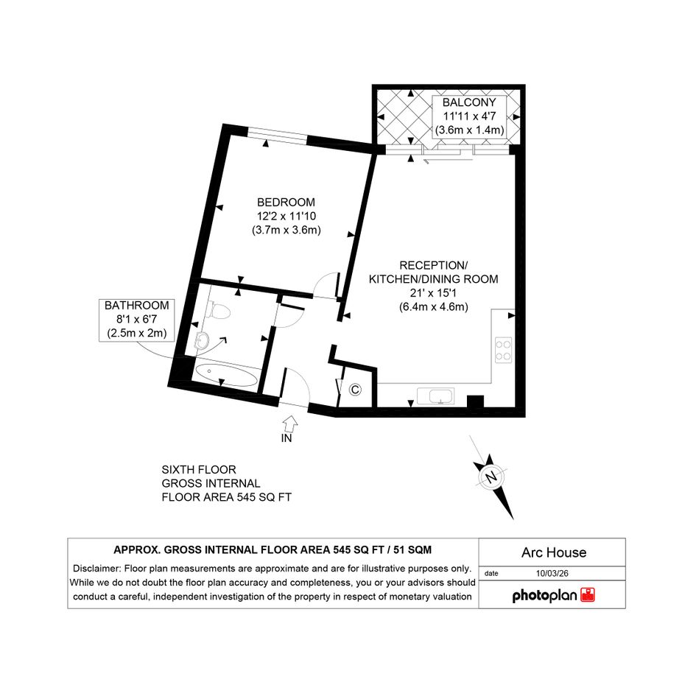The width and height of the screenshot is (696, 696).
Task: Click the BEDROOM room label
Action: tap(286, 203)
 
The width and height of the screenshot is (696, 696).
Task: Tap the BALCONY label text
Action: tap(469, 102)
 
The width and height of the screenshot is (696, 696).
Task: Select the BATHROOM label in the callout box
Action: tap(137, 306)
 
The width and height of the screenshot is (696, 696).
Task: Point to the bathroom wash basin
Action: tap(203, 340)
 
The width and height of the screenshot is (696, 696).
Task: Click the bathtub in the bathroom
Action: tap(226, 376)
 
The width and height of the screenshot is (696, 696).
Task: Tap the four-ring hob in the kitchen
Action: tap(503, 351)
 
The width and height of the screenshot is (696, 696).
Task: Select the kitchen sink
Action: tap(435, 396)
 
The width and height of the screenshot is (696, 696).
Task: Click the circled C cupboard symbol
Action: tap(355, 390)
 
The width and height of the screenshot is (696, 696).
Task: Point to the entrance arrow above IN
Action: tap(290, 423)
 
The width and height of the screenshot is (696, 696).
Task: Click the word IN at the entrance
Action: tap(287, 438)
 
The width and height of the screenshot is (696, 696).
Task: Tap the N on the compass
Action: tap(491, 477)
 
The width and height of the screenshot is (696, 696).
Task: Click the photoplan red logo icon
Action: tap(588, 595)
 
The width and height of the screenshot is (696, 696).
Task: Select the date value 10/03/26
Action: tap(552, 573)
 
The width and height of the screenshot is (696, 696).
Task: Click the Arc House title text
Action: tap(554, 552)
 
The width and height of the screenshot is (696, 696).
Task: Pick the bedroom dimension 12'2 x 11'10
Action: tap(287, 217)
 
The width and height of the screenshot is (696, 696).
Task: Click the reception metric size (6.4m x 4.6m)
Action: tap(434, 306)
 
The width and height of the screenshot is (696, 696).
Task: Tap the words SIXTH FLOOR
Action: tap(199, 470)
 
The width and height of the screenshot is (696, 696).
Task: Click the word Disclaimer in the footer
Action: tap(96, 569)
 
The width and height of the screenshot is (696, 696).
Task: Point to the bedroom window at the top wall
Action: tap(277, 136)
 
